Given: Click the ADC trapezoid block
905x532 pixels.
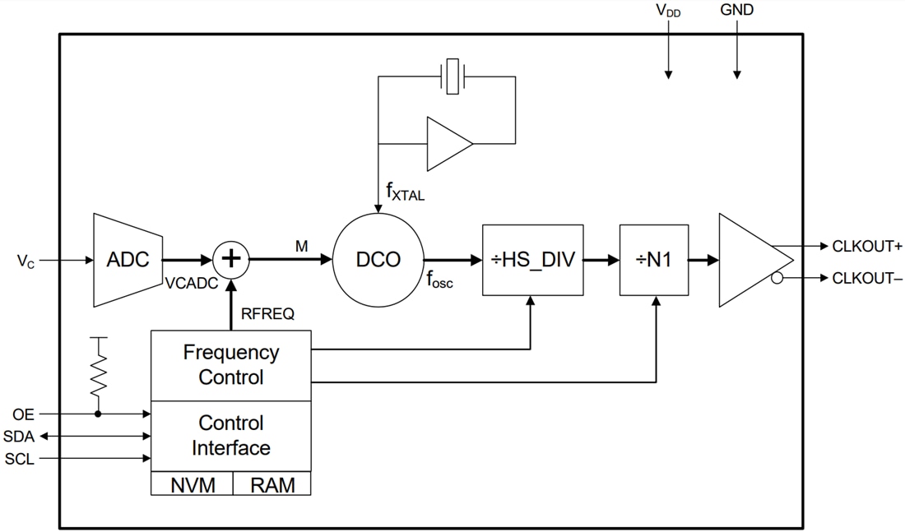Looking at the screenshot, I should coord(128,260).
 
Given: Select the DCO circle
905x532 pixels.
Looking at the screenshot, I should coord(378,260).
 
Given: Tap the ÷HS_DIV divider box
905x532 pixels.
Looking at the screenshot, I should coord(533,260).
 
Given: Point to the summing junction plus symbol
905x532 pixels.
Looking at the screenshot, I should coord(231,260).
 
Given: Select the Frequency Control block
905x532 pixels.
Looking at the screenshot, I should coord(230,365).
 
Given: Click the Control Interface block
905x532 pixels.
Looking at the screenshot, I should coord(230,436).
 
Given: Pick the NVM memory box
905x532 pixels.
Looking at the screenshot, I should coord(193,484).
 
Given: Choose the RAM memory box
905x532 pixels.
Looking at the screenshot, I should coord(272,484).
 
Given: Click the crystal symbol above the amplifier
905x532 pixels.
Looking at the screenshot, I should coord(452,76).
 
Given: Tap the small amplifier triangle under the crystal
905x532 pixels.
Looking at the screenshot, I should coord(447,145).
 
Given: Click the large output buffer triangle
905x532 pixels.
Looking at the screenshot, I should coord(750,261).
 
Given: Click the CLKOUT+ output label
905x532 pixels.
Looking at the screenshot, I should coord(867,246).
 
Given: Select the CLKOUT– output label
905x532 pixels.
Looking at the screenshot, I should coord(867,279).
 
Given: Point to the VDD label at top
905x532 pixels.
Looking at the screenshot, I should coord(668,11).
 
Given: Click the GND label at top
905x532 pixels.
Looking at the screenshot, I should coord(736,11).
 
